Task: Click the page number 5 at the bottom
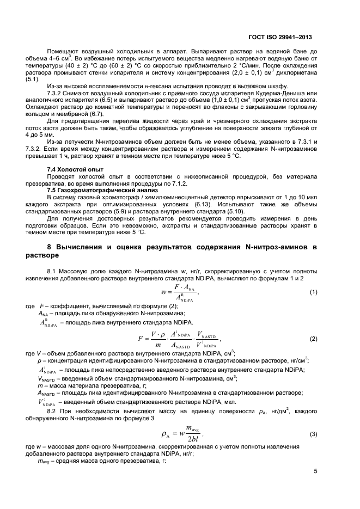coord(316,472)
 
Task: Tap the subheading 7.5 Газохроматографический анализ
coord(92,191)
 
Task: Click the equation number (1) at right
coord(313,292)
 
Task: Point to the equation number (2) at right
coord(313,339)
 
